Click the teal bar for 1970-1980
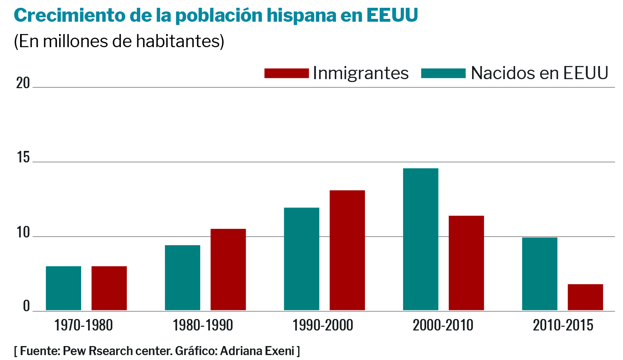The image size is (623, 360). click(64, 288)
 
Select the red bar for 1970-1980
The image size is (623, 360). click(109, 288)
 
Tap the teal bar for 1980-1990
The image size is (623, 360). click(183, 278)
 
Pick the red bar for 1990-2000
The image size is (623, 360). click(347, 250)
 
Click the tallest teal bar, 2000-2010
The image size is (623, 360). click(420, 239)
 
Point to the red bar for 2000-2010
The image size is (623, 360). click(466, 263)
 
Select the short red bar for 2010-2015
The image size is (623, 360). click(585, 297)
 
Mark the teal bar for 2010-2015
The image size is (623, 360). click(539, 273)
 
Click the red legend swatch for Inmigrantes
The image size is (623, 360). click(286, 73)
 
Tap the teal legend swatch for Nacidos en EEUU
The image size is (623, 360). click(443, 73)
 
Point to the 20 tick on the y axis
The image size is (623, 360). click(23, 83)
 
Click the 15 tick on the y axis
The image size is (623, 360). click(23, 157)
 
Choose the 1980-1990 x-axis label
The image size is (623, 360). click(203, 326)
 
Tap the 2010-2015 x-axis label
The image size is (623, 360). click(563, 326)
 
